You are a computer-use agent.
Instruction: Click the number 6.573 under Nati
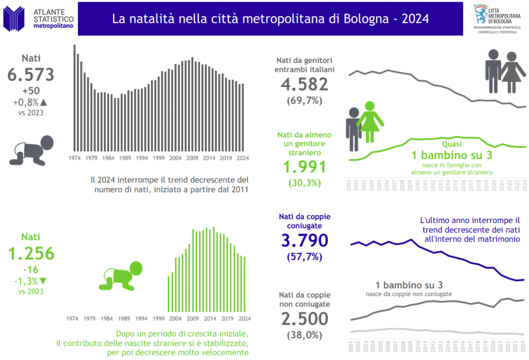pos(31,75)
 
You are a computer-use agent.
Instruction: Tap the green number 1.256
pos(31,253)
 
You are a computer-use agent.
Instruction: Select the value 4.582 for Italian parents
pos(304,85)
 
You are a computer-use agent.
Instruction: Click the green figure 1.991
pos(304,167)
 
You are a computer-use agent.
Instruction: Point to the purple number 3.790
pos(304,241)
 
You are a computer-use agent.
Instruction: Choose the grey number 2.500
pos(304,319)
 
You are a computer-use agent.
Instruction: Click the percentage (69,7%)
pos(304,101)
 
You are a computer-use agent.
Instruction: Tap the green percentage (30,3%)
pos(304,183)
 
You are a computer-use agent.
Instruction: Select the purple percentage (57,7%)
pos(304,257)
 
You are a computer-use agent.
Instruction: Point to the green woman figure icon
pos(370,121)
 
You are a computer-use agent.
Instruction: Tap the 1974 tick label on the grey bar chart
pos(74,159)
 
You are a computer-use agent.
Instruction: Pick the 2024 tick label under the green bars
pos(243,319)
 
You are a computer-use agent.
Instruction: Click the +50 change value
pos(31,91)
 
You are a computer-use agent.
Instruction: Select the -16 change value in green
pos(31,270)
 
